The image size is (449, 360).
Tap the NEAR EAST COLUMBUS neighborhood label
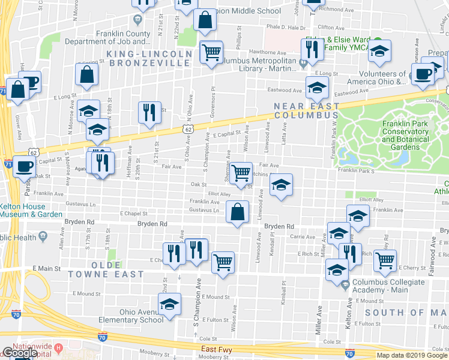click(306, 110)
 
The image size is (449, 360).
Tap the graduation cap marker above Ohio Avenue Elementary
click(170, 304)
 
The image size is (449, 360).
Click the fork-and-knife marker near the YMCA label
click(312, 52)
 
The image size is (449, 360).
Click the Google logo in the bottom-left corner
click(19, 353)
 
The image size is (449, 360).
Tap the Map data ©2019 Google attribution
click(412, 355)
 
